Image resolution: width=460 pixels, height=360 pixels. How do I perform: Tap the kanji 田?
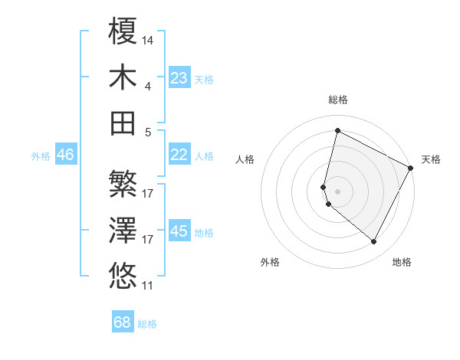(x=123, y=123)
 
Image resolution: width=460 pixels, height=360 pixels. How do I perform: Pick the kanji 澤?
(x=123, y=230)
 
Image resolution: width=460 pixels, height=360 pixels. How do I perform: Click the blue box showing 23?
(x=179, y=78)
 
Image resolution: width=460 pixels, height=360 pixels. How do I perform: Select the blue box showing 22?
(x=179, y=155)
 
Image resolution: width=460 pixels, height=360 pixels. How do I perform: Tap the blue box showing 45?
(x=179, y=231)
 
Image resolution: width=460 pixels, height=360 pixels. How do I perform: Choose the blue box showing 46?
(x=65, y=155)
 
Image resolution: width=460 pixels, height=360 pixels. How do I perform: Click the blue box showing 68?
(x=123, y=322)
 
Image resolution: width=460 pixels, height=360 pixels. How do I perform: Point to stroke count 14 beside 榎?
(x=148, y=40)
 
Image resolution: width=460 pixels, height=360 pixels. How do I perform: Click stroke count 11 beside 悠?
(x=148, y=286)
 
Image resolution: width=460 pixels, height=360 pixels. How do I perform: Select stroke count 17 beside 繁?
(x=148, y=193)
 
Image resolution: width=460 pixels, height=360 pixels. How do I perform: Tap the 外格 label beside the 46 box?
(x=41, y=155)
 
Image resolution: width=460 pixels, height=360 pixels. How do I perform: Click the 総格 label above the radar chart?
(x=338, y=100)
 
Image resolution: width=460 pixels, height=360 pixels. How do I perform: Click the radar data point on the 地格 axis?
(x=374, y=242)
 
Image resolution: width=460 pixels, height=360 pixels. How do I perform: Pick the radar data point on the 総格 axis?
(x=337, y=131)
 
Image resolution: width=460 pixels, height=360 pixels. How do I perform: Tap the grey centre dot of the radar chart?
(x=337, y=191)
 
